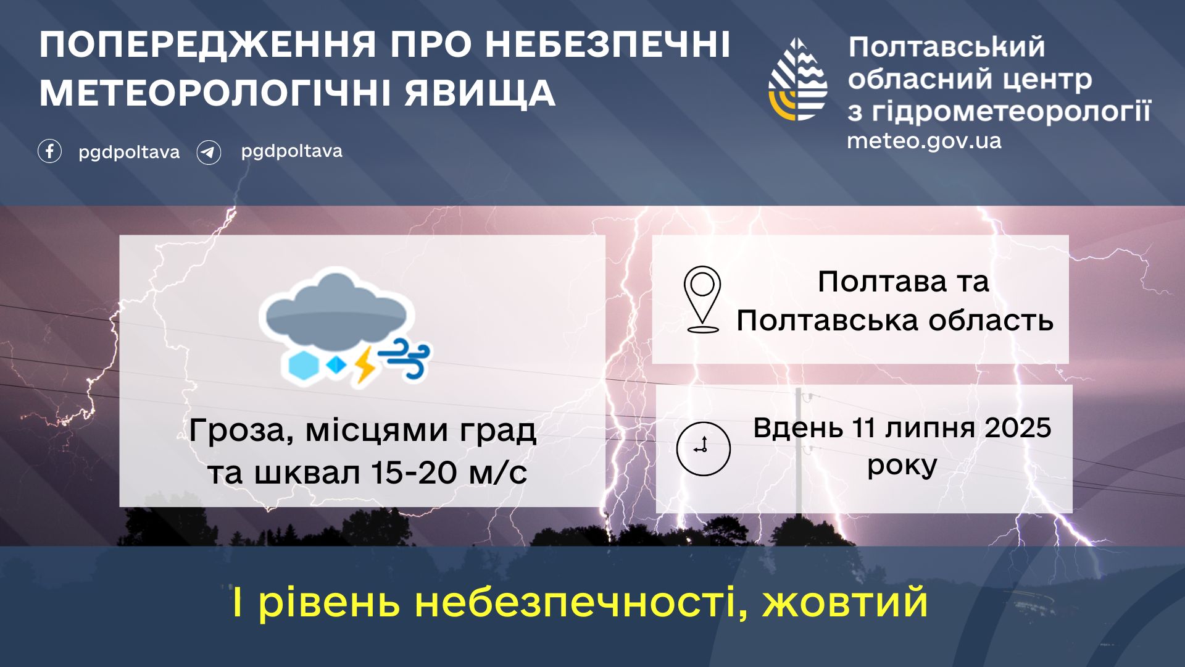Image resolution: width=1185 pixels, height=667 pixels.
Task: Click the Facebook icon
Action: click(x=49, y=151)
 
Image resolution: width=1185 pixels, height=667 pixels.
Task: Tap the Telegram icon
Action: click(x=209, y=152)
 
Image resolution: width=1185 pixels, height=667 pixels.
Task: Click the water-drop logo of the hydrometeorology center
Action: click(x=797, y=79)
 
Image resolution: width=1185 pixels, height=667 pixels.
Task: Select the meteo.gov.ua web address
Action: click(x=924, y=141)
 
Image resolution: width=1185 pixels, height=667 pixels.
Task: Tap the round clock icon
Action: click(x=703, y=448)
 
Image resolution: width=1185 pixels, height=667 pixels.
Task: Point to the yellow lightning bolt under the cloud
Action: click(x=365, y=365)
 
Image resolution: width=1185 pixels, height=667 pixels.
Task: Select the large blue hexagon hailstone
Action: click(x=304, y=366)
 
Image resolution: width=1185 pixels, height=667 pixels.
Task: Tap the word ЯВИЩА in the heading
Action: click(x=480, y=93)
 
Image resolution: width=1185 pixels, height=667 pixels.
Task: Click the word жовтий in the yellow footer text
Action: click(x=846, y=602)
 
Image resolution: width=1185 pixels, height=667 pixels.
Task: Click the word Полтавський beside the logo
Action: click(x=947, y=47)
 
